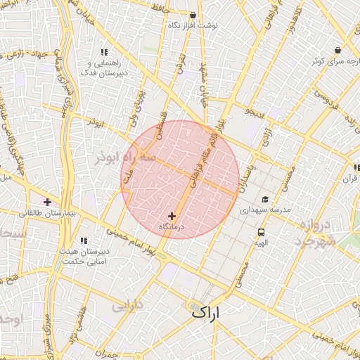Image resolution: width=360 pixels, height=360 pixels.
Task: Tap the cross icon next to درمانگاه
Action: pyautogui.click(x=172, y=217)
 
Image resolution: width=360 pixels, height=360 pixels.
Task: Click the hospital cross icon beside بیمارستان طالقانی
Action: pyautogui.click(x=48, y=202)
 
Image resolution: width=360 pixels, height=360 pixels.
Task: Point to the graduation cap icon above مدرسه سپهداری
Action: pyautogui.click(x=265, y=200)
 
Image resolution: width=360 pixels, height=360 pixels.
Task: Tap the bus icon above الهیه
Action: pyautogui.click(x=262, y=232)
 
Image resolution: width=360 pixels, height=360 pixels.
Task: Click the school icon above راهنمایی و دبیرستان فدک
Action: pyautogui.click(x=105, y=52)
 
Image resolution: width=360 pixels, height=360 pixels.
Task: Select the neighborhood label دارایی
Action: pyautogui.click(x=127, y=307)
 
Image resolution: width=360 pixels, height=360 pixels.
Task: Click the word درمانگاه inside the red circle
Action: pyautogui.click(x=172, y=227)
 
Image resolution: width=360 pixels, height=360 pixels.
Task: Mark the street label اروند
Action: pyautogui.click(x=94, y=122)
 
